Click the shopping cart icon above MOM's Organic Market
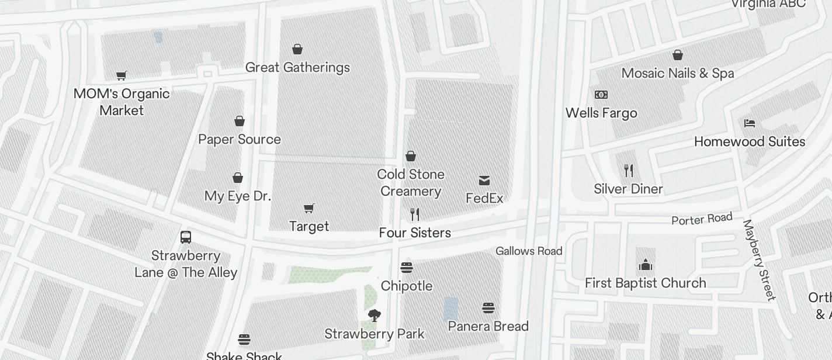click(122, 75)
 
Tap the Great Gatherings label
click(297, 68)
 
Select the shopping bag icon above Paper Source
click(240, 121)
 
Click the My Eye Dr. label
click(238, 196)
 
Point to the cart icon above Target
click(309, 208)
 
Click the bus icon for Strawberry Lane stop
click(186, 237)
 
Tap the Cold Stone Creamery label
click(411, 183)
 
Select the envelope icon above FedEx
click(484, 180)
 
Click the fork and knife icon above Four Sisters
click(415, 214)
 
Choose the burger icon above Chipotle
click(407, 268)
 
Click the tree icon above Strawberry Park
click(375, 316)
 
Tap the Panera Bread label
click(488, 326)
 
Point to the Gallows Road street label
click(529, 251)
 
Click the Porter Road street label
click(702, 219)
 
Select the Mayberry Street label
click(759, 260)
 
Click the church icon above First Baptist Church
click(646, 265)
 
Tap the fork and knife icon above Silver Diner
click(629, 171)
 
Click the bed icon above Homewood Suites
click(750, 123)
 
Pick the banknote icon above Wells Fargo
click(601, 95)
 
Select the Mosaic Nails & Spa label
click(678, 74)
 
